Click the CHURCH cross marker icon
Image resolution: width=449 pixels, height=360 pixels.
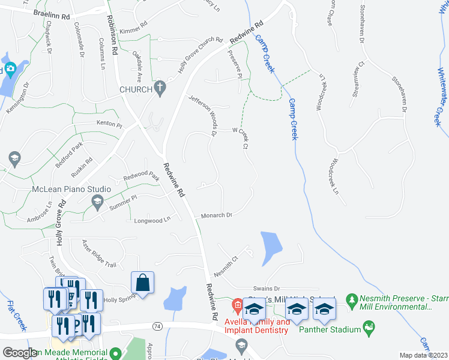[160, 89]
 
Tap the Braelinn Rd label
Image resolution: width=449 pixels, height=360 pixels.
[53, 13]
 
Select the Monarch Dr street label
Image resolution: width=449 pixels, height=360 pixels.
[216, 215]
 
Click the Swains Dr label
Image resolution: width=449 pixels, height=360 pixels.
[267, 289]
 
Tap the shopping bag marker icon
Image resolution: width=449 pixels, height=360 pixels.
[143, 283]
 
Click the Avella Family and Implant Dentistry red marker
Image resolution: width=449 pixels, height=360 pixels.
[237, 305]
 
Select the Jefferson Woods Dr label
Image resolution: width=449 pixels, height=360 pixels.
[204, 115]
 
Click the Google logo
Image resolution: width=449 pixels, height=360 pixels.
[20, 353]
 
